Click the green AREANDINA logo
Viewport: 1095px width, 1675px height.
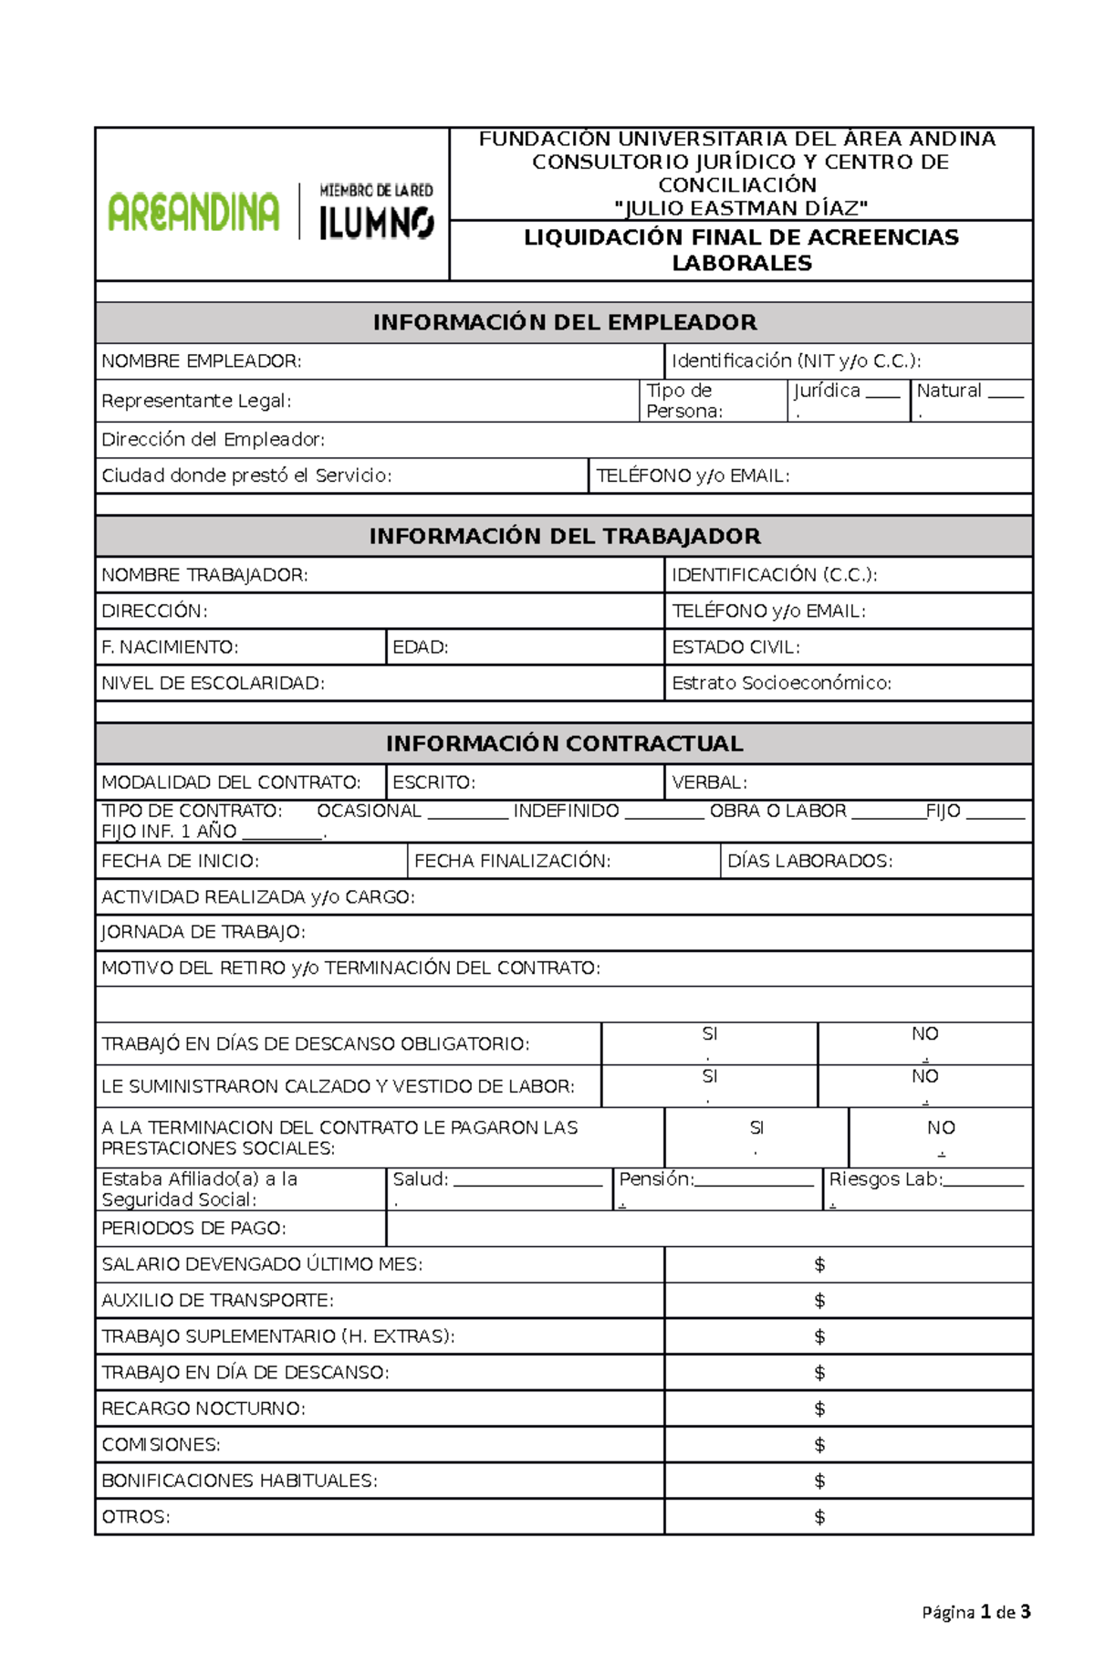pyautogui.click(x=193, y=212)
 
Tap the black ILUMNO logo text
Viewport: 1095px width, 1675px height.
pyautogui.click(x=376, y=223)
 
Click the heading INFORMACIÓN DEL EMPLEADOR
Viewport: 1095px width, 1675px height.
pyautogui.click(x=564, y=322)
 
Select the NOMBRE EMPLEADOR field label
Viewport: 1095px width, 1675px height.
pyautogui.click(x=201, y=361)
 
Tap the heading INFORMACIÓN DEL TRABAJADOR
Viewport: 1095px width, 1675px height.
pyautogui.click(x=564, y=537)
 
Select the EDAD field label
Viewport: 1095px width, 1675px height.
pyautogui.click(x=420, y=647)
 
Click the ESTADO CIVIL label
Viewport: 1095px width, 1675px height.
pyautogui.click(x=735, y=647)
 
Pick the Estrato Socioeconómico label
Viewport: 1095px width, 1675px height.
pyautogui.click(x=781, y=684)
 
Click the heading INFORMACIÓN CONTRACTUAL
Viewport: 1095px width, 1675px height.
pyautogui.click(x=564, y=744)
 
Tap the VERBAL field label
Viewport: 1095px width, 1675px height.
pyautogui.click(x=709, y=783)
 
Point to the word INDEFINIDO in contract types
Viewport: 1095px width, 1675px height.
pyautogui.click(x=566, y=811)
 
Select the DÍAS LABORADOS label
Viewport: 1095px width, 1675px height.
pyautogui.click(x=809, y=861)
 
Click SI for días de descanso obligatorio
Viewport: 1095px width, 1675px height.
pyautogui.click(x=709, y=1035)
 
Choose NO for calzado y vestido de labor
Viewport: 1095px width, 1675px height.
pyautogui.click(x=924, y=1077)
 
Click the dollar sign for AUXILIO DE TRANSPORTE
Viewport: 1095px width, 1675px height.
pyautogui.click(x=819, y=1301)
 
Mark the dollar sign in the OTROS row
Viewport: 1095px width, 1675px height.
pyautogui.click(x=819, y=1517)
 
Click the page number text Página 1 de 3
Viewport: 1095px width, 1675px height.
pyautogui.click(x=975, y=1612)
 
